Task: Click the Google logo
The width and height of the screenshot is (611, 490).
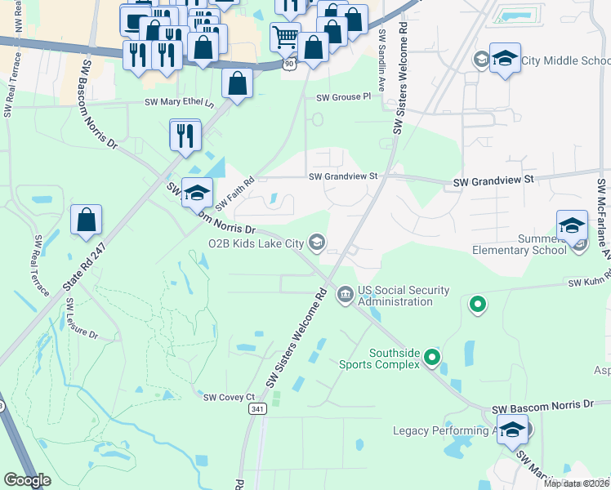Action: (27, 479)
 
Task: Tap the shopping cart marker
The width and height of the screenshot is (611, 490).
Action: (284, 36)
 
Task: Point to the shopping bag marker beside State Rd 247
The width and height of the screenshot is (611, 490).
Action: (86, 220)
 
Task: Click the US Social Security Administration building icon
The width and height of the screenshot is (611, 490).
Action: (346, 292)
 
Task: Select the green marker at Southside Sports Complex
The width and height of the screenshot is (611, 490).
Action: (433, 357)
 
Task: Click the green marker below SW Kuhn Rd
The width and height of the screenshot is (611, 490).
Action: (478, 305)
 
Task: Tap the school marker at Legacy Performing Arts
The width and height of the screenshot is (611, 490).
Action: (512, 430)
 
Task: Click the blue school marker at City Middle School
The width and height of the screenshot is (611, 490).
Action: (506, 60)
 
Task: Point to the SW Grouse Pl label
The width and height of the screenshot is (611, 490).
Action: (344, 96)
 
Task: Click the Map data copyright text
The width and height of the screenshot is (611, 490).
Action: (576, 483)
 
